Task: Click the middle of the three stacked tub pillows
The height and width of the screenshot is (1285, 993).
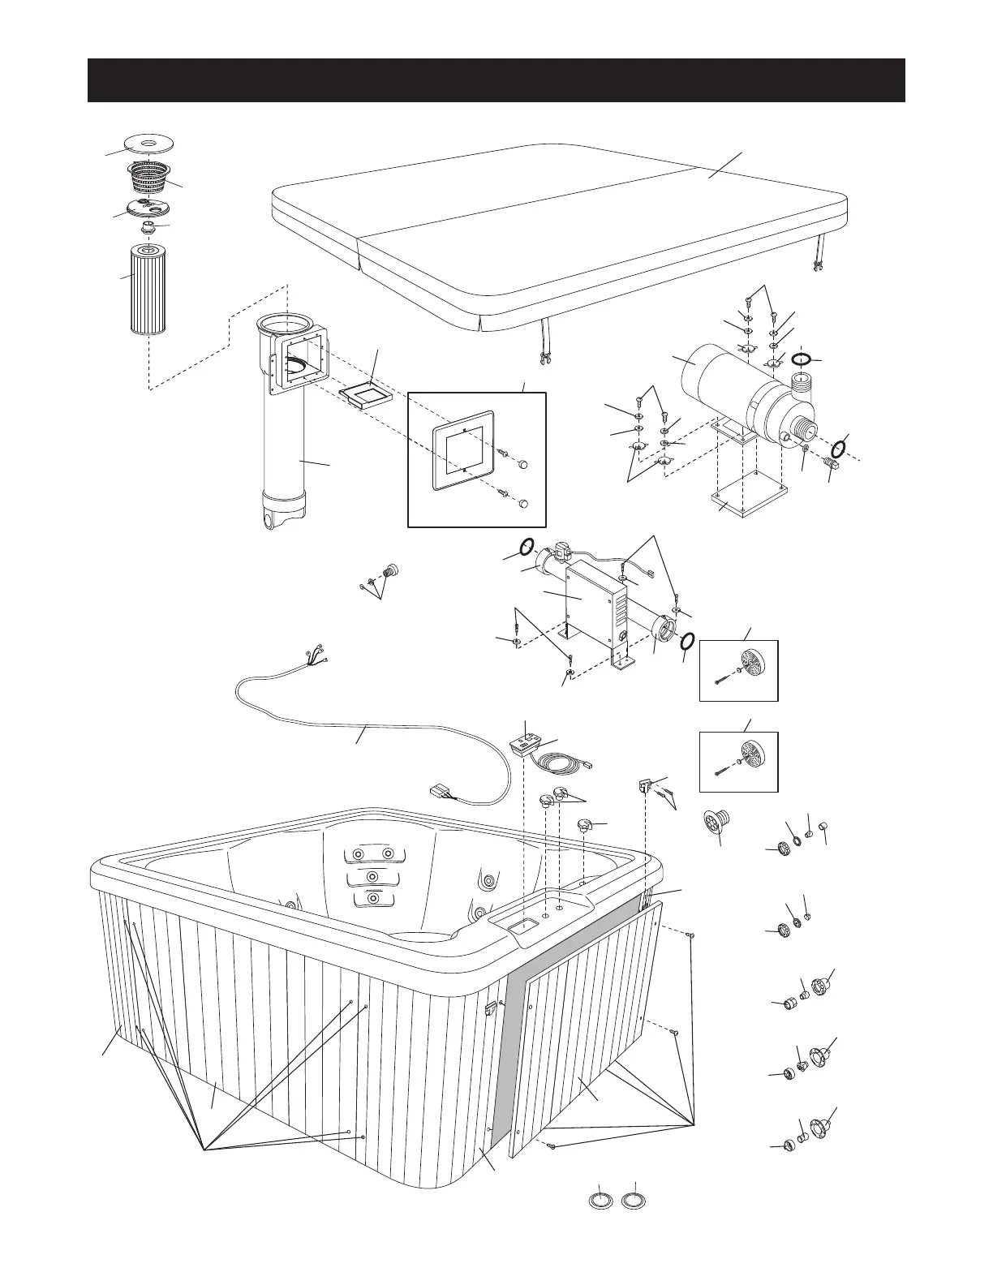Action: click(x=372, y=879)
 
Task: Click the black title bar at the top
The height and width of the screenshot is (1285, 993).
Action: click(x=496, y=80)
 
